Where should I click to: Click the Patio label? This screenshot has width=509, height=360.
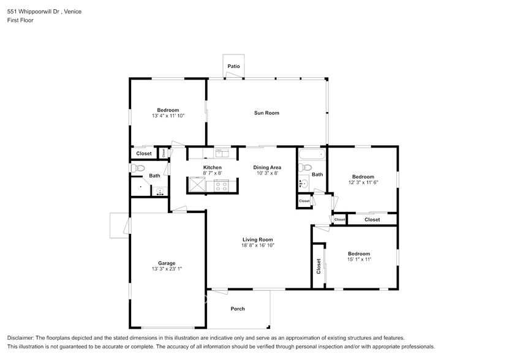233,66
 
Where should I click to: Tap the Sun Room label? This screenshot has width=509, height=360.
266,113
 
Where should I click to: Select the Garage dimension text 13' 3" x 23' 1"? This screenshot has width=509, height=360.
158,268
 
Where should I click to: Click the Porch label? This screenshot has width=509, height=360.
237,309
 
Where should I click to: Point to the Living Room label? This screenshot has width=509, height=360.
257,239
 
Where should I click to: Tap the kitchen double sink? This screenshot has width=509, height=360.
221,153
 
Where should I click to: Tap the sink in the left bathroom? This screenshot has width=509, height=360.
159,191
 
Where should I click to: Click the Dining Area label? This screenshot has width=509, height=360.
267,167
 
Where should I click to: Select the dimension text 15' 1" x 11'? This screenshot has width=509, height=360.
359,260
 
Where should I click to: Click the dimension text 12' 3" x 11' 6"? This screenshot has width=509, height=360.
363,182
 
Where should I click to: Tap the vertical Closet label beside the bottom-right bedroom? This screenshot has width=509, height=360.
319,265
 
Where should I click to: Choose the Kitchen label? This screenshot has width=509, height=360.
213,167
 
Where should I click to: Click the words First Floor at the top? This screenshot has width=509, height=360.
20,20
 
